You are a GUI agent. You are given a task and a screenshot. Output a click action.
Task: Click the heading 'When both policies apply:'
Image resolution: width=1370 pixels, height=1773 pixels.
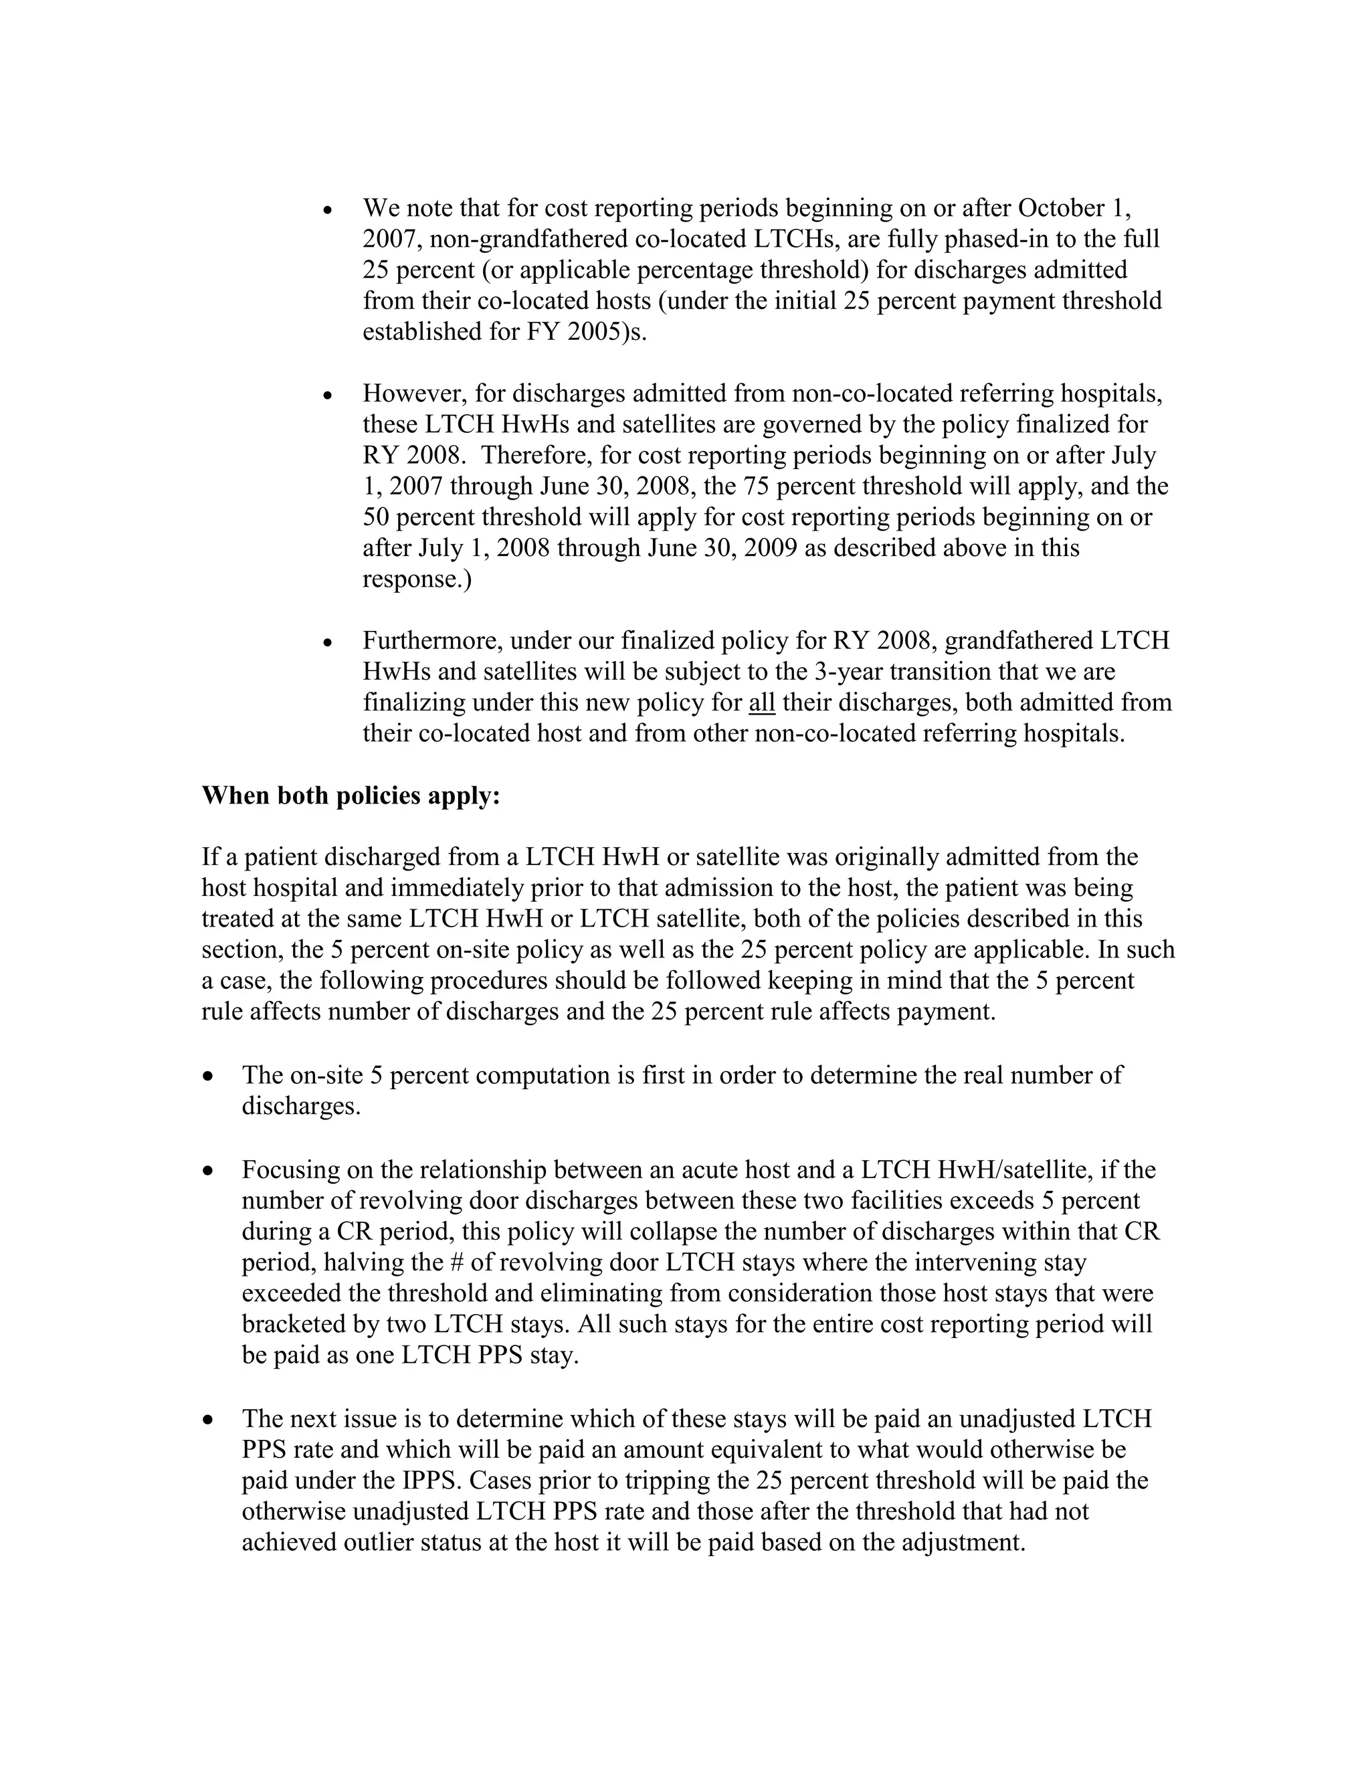click(351, 796)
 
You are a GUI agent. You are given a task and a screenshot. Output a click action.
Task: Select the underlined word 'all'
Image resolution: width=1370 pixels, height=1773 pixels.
click(761, 703)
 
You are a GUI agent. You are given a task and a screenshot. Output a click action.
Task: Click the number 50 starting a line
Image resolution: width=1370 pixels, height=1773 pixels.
click(377, 517)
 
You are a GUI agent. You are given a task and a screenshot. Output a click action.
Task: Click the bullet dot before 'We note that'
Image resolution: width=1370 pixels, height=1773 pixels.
click(328, 210)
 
